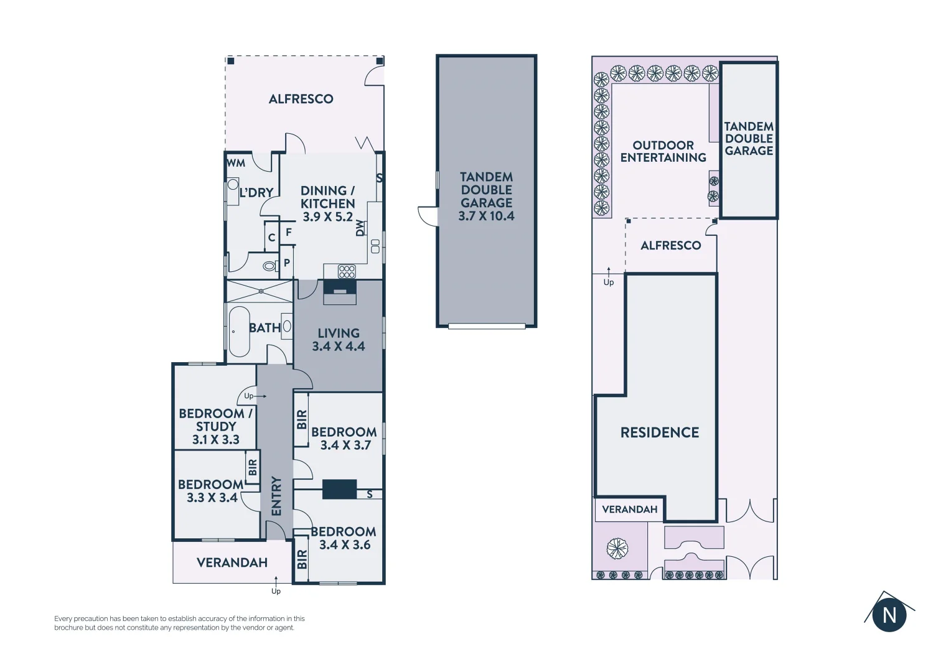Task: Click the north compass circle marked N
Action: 889,615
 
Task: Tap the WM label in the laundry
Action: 236,163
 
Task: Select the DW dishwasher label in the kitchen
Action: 360,228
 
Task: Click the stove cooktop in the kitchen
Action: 347,271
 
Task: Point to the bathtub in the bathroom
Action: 239,332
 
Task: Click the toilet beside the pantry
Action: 269,266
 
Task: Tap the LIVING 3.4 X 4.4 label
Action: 339,340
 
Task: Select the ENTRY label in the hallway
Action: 276,496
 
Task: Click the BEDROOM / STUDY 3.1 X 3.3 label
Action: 215,426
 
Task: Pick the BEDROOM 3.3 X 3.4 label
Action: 211,491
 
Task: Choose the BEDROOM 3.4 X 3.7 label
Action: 344,438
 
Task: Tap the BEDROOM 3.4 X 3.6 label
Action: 344,538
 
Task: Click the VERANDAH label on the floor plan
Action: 232,562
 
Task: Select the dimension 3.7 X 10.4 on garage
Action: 486,216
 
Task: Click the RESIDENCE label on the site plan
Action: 660,432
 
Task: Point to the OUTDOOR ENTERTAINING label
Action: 663,151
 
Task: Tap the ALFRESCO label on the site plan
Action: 670,246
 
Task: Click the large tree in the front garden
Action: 617,549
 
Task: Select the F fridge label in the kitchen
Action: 289,232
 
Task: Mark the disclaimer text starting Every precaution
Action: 179,623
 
